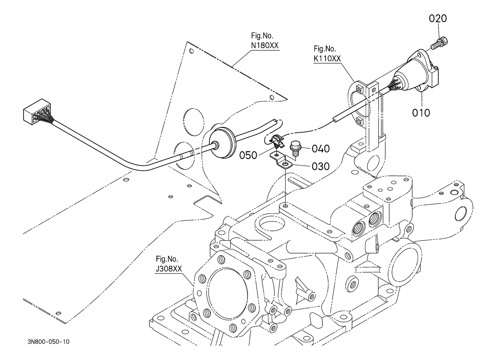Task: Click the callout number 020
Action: [437, 18]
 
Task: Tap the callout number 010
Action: [421, 113]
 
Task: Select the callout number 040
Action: [320, 149]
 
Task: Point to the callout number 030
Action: [320, 167]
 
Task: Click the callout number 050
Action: [248, 155]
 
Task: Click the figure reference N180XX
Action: [265, 46]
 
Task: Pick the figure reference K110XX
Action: [327, 59]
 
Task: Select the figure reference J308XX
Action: [169, 269]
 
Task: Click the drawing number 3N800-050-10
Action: [49, 342]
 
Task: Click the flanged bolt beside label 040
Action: [294, 148]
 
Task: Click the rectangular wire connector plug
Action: [37, 112]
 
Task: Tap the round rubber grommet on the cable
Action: [222, 143]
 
